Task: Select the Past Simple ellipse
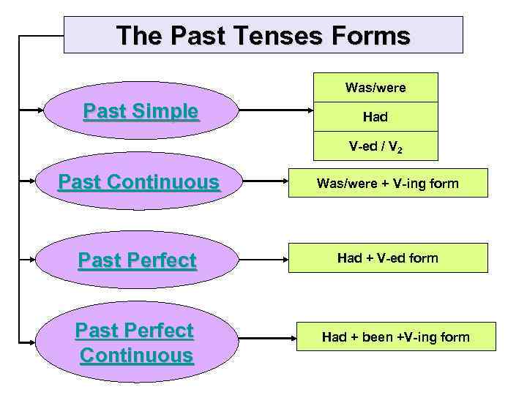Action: (x=141, y=111)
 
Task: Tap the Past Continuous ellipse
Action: (x=139, y=182)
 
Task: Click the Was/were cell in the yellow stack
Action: (x=375, y=88)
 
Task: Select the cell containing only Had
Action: (x=375, y=116)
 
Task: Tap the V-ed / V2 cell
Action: (x=375, y=146)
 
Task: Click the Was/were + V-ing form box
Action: (x=387, y=184)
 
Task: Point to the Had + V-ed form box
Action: (x=387, y=257)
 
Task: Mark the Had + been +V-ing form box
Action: (x=395, y=336)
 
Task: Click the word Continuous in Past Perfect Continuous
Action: (x=136, y=355)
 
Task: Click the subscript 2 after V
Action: (x=400, y=149)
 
